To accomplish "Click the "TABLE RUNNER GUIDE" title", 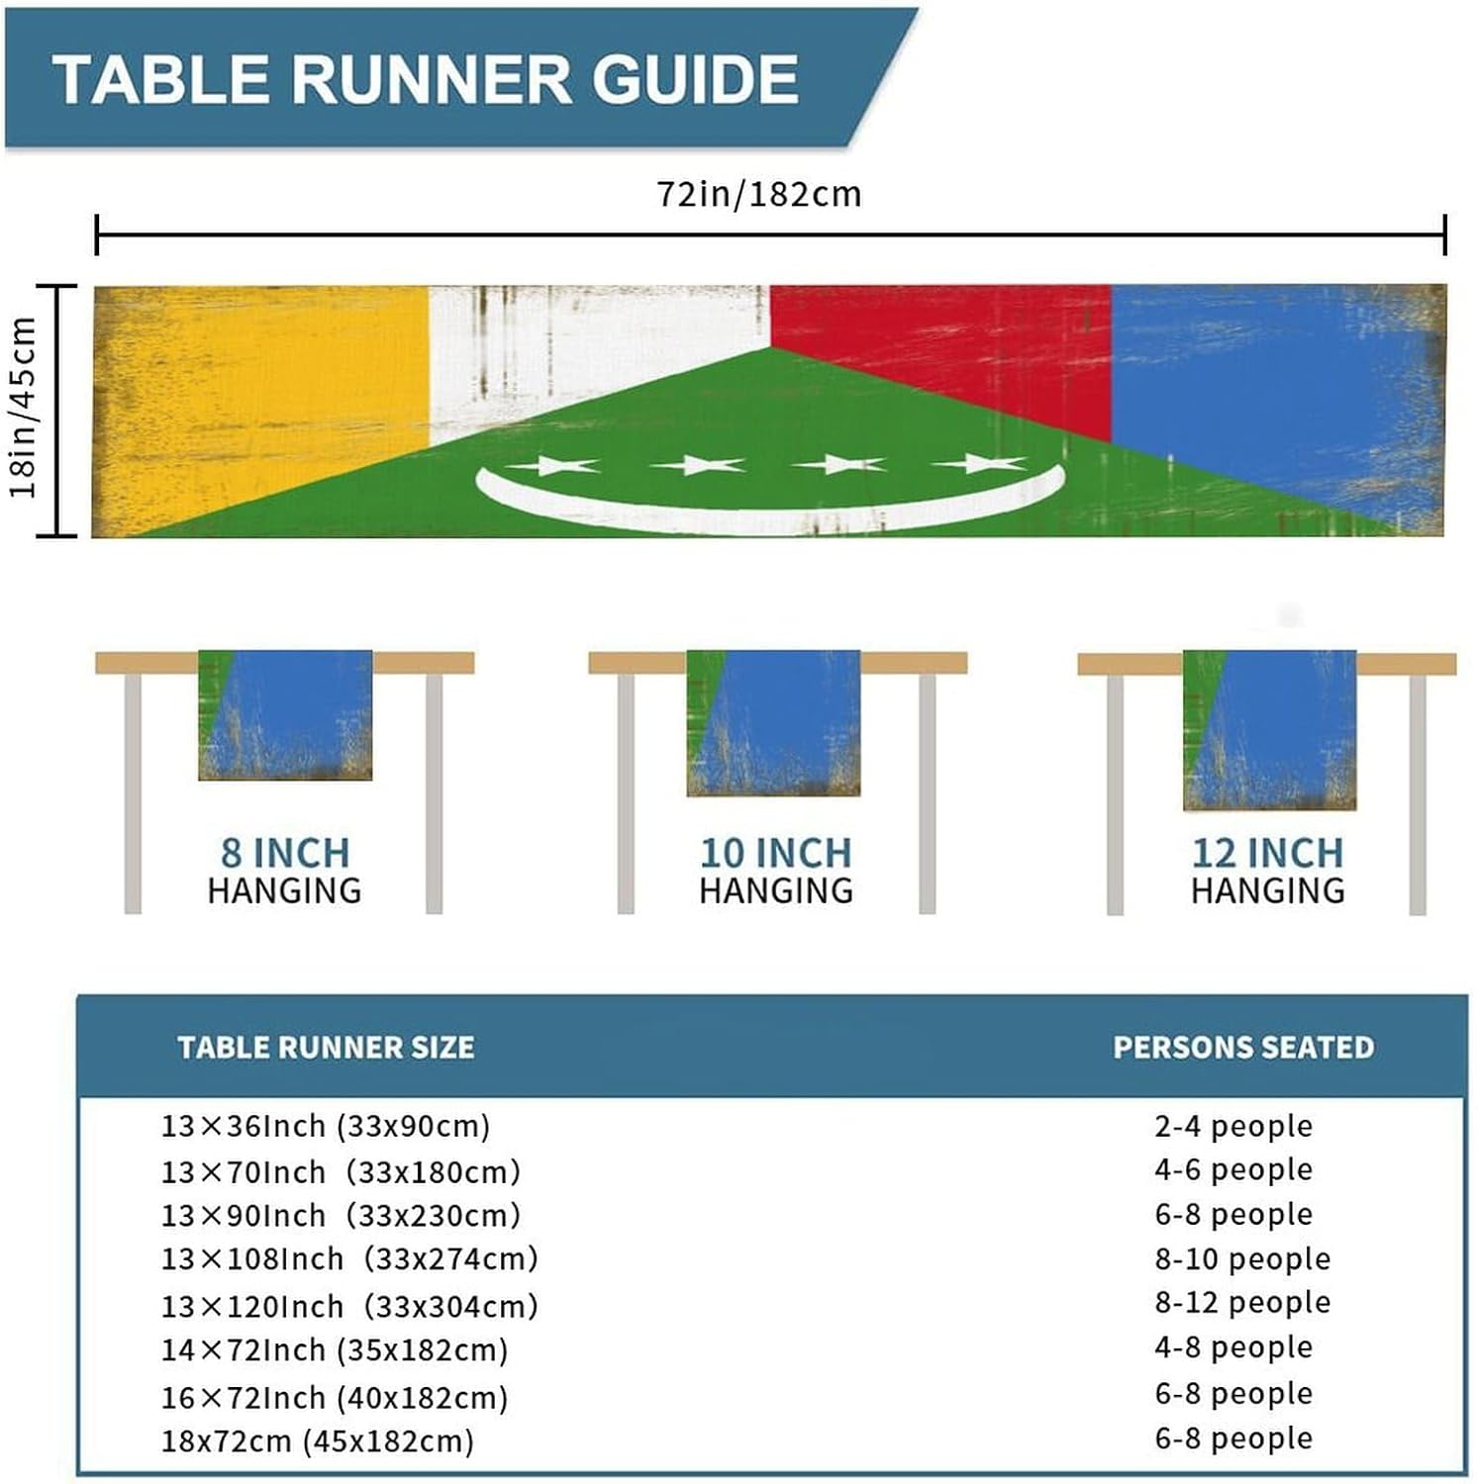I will (426, 79).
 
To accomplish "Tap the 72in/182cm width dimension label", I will (759, 194).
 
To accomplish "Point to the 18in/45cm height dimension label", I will (24, 408).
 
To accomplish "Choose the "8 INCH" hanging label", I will (284, 853).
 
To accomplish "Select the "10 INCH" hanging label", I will (775, 853).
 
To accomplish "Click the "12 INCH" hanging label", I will (1267, 853).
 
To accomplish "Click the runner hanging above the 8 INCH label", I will (285, 714).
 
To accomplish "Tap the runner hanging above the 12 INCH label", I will (1269, 730).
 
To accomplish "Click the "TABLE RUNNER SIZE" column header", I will (326, 1047).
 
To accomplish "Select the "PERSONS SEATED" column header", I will (1243, 1047).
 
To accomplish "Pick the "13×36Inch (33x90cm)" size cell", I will (326, 1126).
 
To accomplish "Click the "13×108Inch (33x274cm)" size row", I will (349, 1259).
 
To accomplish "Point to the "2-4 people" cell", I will (1233, 1126).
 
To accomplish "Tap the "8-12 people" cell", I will (1242, 1303).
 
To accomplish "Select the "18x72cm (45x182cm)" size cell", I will (318, 1440).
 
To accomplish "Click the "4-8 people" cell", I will (1233, 1347).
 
